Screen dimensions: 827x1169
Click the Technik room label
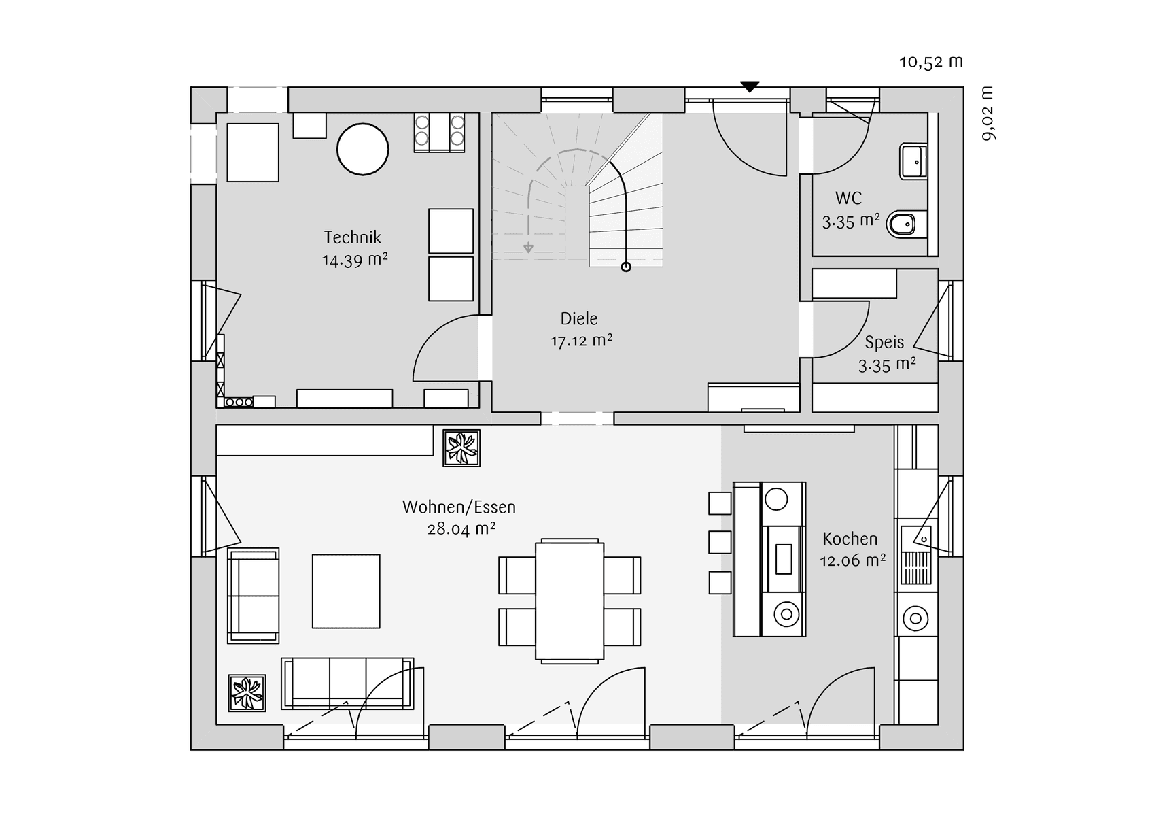(x=352, y=237)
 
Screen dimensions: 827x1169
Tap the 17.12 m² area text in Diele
(x=581, y=341)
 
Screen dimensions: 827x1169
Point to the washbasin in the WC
(x=913, y=161)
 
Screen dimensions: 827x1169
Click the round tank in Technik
(x=363, y=150)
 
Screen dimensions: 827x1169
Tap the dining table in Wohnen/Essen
(x=570, y=600)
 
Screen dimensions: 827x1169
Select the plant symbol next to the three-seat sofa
(x=247, y=693)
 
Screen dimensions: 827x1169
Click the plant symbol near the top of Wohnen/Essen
(x=461, y=448)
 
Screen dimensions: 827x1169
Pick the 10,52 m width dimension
(x=931, y=62)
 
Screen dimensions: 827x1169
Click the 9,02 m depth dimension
(x=988, y=114)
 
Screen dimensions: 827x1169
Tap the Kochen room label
(x=850, y=539)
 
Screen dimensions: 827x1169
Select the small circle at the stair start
(x=626, y=267)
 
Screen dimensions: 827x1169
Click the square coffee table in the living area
(x=346, y=591)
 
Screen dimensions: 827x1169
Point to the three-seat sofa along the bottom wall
(x=347, y=683)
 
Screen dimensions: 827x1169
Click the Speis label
(x=884, y=342)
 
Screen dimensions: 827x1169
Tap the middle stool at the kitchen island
(x=720, y=542)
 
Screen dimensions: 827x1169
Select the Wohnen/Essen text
(x=459, y=507)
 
